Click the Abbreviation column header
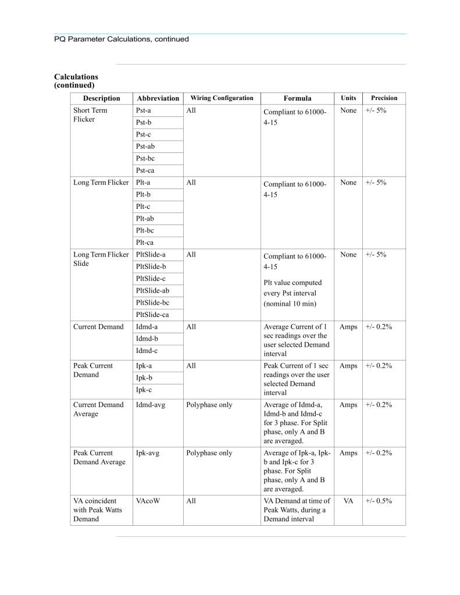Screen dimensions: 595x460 coord(158,98)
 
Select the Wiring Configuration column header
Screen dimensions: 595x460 coord(222,98)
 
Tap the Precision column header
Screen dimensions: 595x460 coord(384,98)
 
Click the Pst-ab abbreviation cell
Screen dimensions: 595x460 coord(145,147)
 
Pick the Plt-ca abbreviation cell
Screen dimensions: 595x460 coord(145,243)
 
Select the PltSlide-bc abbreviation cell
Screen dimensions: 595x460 coord(153,302)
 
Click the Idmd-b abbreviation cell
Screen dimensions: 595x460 coord(147,339)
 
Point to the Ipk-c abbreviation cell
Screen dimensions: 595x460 coord(144,390)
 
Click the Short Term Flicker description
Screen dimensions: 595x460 coord(90,115)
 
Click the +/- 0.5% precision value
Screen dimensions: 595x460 coord(379,500)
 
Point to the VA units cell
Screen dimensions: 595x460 coord(348,500)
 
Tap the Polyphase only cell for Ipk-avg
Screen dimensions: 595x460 coord(209,453)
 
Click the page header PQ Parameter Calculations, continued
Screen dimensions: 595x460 coord(122,40)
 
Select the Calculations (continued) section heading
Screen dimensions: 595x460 coord(76,81)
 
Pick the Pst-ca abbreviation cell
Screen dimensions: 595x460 coord(145,170)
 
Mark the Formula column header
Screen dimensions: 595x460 coord(297,98)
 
